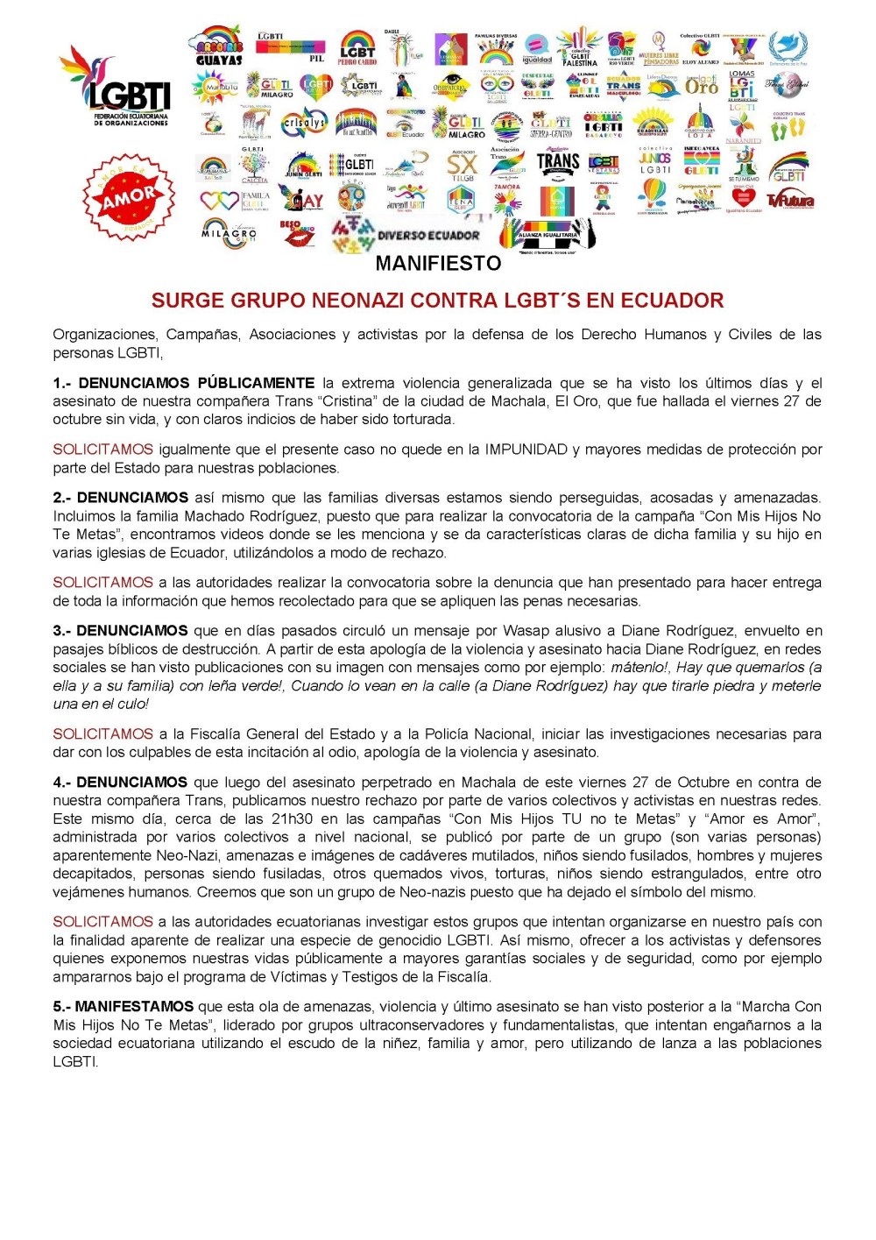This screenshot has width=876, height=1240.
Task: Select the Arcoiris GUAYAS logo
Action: pyautogui.click(x=219, y=46)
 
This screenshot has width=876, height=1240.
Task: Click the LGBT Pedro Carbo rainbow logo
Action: pyautogui.click(x=357, y=48)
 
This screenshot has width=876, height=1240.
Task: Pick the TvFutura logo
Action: pyautogui.click(x=790, y=201)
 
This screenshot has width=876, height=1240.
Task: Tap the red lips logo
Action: pyautogui.click(x=298, y=234)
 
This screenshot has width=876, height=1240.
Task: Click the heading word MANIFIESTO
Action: pyautogui.click(x=438, y=264)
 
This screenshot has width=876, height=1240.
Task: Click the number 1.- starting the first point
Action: pyautogui.click(x=62, y=383)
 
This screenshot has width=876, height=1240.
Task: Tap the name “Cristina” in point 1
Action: pyautogui.click(x=345, y=401)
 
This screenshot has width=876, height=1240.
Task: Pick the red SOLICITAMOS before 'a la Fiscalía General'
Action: pyautogui.click(x=102, y=734)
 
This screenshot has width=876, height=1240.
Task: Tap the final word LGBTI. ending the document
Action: pyautogui.click(x=75, y=1062)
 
